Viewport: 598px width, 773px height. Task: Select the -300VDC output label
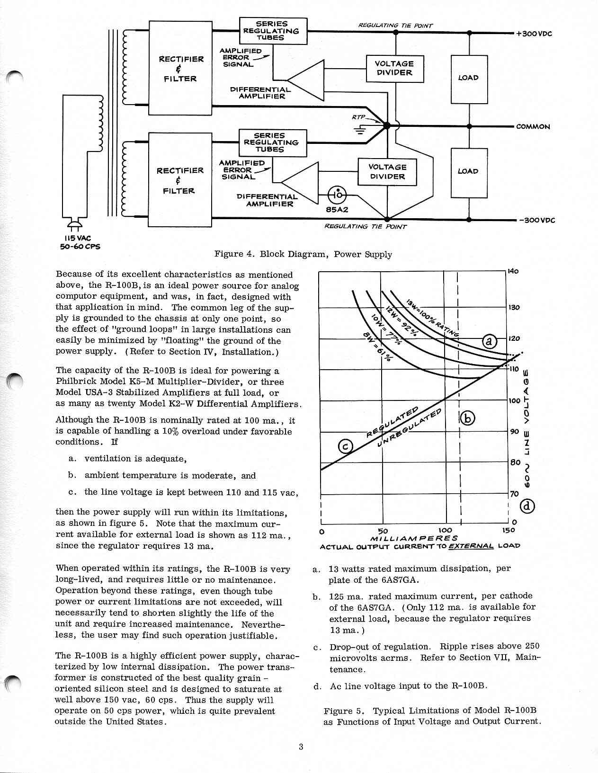tap(536, 221)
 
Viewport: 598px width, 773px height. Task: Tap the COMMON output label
tap(533, 127)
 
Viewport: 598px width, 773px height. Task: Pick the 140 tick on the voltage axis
tap(513, 272)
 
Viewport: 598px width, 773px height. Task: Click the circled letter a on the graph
tap(490, 341)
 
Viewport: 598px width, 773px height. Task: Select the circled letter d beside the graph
tap(527, 506)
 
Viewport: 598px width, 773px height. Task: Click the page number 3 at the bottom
tap(300, 747)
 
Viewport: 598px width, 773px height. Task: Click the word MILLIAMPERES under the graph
tap(413, 538)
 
